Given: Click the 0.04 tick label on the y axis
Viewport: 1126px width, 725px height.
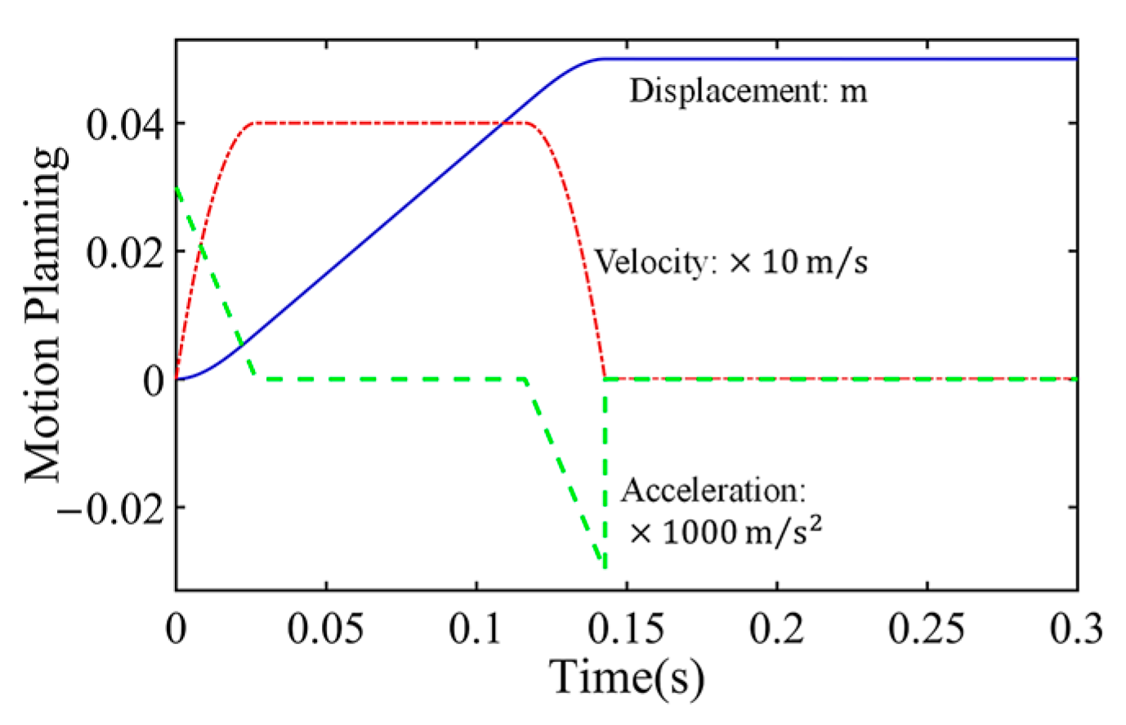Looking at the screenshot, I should [x=123, y=126].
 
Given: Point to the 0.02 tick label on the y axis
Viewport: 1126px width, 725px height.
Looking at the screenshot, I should [x=123, y=253].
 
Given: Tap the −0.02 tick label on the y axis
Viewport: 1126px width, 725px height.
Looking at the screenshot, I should [x=110, y=508].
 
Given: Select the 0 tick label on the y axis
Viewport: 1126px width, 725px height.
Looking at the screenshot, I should [x=153, y=381].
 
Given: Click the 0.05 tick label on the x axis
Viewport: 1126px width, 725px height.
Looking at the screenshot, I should [x=326, y=629].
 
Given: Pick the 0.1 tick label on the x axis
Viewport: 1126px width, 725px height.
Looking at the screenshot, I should [x=476, y=629].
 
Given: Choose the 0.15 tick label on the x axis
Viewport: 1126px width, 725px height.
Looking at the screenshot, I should [x=627, y=629].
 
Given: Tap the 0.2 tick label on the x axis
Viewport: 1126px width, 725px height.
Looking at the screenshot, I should [x=777, y=629].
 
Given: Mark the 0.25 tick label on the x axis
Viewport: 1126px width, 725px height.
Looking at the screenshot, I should [x=927, y=629].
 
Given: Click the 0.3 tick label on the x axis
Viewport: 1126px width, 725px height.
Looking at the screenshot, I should [x=1075, y=629].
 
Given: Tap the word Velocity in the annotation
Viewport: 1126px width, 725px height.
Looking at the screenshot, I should [x=650, y=262].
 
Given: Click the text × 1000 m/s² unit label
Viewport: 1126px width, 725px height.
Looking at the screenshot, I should [x=726, y=532].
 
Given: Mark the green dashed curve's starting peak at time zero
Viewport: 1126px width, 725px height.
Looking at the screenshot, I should [x=177, y=189].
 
